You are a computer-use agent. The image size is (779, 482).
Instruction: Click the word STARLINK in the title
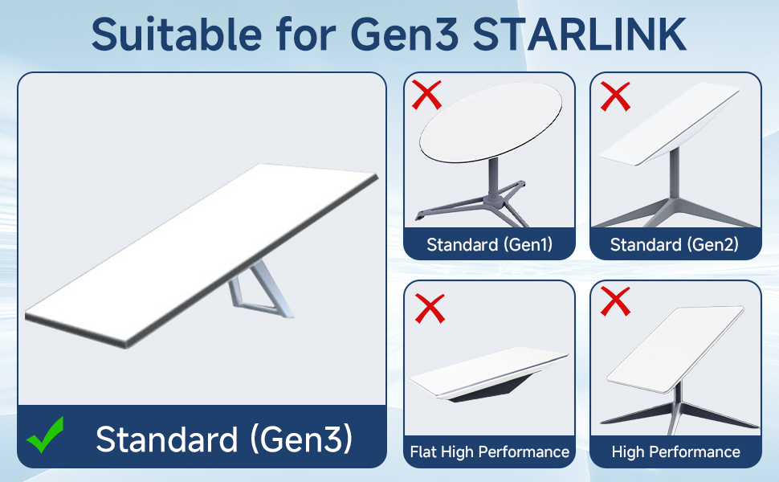pyautogui.click(x=579, y=34)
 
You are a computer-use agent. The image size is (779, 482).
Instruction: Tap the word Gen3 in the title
pyautogui.click(x=405, y=34)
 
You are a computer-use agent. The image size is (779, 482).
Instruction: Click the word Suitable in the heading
pyautogui.click(x=177, y=34)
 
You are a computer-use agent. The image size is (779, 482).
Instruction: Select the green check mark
pyautogui.click(x=45, y=435)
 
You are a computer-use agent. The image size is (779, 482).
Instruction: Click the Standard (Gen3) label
pyautogui.click(x=224, y=439)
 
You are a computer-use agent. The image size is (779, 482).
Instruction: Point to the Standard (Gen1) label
pyautogui.click(x=489, y=244)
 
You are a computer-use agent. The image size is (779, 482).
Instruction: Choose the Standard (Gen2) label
pyautogui.click(x=674, y=244)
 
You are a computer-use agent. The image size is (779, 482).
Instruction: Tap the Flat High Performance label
pyautogui.click(x=489, y=451)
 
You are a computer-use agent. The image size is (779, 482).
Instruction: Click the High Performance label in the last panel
pyautogui.click(x=675, y=451)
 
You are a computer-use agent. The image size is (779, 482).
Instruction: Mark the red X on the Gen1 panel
pyautogui.click(x=426, y=95)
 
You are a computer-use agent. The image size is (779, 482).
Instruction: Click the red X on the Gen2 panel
pyautogui.click(x=615, y=96)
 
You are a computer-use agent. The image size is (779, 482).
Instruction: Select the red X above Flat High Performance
pyautogui.click(x=430, y=308)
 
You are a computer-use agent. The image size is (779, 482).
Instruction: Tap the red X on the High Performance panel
pyautogui.click(x=615, y=301)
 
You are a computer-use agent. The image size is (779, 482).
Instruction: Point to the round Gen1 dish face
pyautogui.click(x=491, y=122)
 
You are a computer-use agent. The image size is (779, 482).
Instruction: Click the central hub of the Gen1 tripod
pyautogui.click(x=495, y=199)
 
